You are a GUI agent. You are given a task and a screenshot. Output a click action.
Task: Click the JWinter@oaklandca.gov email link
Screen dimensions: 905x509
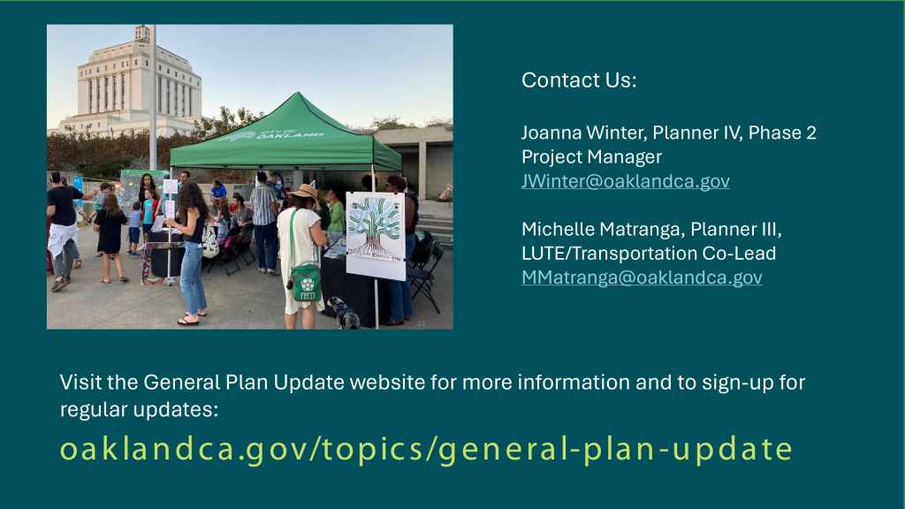[x=625, y=181]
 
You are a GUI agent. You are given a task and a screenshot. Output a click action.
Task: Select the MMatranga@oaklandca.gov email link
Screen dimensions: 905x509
[x=642, y=277]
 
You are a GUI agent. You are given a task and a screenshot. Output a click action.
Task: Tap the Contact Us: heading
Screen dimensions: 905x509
[x=579, y=80]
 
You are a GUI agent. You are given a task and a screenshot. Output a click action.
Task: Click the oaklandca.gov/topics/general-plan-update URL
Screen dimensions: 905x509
[x=427, y=449]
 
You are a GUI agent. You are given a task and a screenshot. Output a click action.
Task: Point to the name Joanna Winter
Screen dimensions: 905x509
[x=583, y=133]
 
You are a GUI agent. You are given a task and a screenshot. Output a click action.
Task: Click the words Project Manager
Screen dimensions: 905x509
[x=591, y=157]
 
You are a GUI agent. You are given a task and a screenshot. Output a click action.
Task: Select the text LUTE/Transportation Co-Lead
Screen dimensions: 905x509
[x=649, y=254]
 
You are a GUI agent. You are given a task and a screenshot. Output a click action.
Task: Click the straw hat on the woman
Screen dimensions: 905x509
[x=305, y=192]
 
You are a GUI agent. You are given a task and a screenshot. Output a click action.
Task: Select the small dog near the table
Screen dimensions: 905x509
[x=344, y=312]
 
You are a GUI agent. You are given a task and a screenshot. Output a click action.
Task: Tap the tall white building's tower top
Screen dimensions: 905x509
[x=141, y=34]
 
